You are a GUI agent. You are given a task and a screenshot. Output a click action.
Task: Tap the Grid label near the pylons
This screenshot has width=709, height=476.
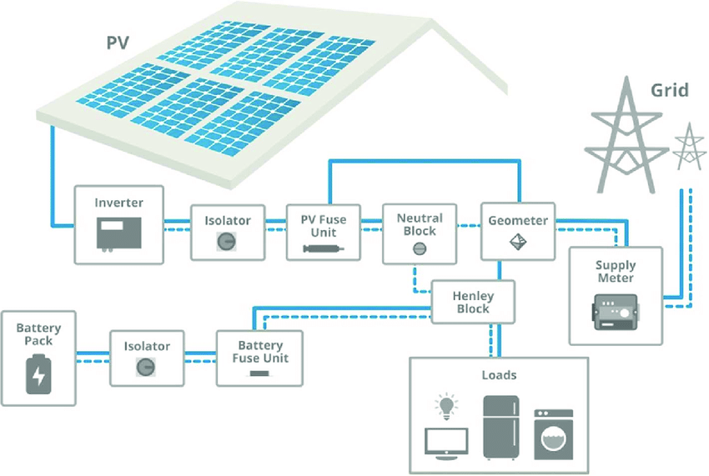pyautogui.click(x=669, y=89)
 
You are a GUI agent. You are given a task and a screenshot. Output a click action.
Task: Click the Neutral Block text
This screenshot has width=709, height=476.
pyautogui.click(x=420, y=224)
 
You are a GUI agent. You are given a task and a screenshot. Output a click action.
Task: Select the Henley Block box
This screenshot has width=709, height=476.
pyautogui.click(x=473, y=302)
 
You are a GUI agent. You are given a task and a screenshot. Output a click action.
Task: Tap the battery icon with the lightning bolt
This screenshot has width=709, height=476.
pyautogui.click(x=38, y=373)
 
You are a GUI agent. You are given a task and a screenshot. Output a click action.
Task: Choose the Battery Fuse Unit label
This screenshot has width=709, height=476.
pyautogui.click(x=260, y=351)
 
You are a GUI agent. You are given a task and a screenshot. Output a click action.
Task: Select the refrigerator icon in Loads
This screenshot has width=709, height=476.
pyautogui.click(x=501, y=427)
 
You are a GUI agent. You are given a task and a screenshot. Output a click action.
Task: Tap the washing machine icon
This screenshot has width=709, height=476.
pyautogui.click(x=554, y=433)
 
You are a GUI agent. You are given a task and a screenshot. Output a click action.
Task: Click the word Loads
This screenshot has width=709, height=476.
pyautogui.click(x=499, y=375)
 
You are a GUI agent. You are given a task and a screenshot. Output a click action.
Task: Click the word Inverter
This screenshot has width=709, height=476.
pyautogui.click(x=118, y=203)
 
